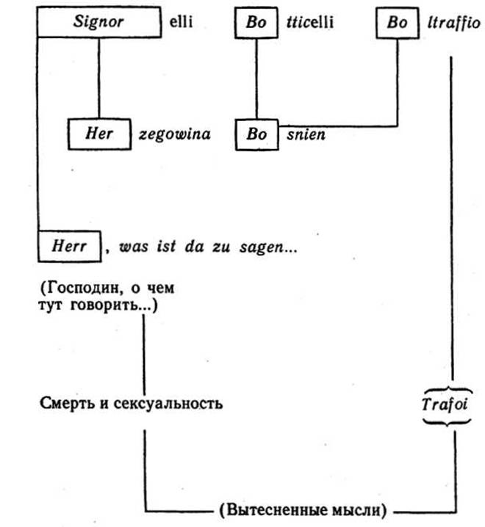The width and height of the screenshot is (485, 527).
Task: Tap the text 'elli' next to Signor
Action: pos(179,22)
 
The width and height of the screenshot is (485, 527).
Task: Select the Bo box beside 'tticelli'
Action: pos(256,22)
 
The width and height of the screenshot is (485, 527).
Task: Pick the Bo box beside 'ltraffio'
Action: pos(397,22)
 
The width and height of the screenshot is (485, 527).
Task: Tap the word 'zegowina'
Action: pos(175,134)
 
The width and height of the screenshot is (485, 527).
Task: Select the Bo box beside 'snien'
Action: pos(256,135)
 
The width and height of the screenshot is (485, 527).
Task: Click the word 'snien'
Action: pos(303,135)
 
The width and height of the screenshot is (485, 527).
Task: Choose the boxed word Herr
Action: pos(70,247)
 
